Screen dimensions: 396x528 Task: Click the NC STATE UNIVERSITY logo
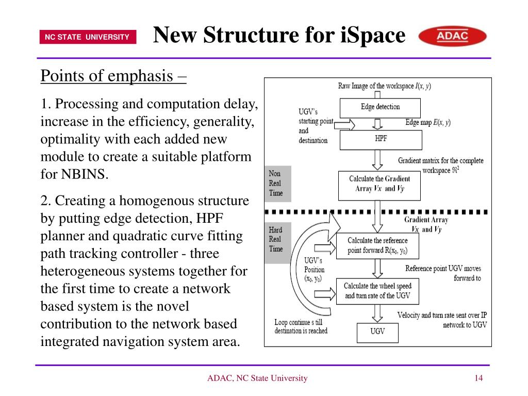[87, 37]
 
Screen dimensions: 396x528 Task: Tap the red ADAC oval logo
[452, 37]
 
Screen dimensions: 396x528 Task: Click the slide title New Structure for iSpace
[279, 36]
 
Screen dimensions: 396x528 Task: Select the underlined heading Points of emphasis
[113, 76]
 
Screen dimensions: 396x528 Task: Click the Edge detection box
[380, 107]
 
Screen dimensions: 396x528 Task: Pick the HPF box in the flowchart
[381, 139]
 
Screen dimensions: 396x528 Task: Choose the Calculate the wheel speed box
[377, 291]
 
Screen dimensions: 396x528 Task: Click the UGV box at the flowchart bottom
[377, 332]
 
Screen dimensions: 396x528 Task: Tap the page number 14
[478, 378]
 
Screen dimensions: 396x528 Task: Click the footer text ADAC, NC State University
[257, 378]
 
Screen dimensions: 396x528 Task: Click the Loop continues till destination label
[301, 327]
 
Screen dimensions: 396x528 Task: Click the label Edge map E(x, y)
[427, 123]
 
